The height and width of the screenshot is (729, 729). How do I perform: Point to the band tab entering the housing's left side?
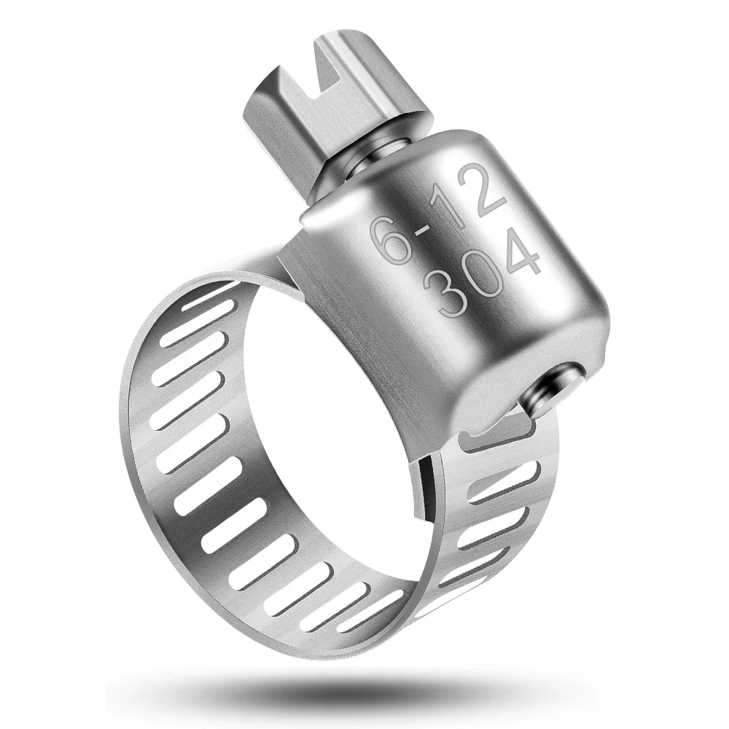(x=284, y=262)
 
